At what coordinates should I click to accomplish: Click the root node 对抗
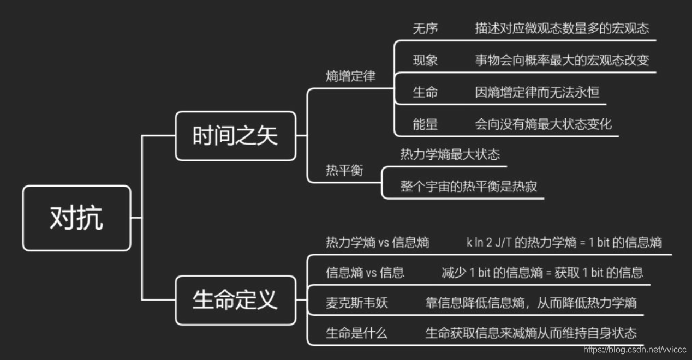click(76, 218)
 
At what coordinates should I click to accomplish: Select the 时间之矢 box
click(235, 136)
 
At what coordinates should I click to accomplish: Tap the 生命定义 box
click(235, 300)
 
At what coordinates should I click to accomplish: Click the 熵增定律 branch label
click(351, 76)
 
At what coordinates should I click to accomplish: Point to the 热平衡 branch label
click(344, 171)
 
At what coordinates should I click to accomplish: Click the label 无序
click(425, 29)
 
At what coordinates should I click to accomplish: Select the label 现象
click(425, 61)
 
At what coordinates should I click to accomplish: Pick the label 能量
click(425, 124)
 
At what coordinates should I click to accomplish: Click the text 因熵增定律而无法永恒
click(537, 92)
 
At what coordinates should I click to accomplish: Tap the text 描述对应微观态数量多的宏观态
click(562, 29)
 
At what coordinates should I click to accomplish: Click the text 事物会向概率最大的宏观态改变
click(562, 61)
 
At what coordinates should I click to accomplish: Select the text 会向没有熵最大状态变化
click(543, 124)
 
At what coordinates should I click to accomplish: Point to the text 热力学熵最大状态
click(450, 155)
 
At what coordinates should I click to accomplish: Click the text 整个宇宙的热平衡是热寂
click(469, 187)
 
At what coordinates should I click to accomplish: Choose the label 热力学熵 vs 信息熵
click(378, 242)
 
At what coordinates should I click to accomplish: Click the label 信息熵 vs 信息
click(365, 273)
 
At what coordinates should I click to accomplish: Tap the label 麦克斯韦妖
click(357, 303)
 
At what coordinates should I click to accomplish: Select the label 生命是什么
click(357, 333)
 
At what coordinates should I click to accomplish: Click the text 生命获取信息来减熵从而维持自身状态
click(530, 333)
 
